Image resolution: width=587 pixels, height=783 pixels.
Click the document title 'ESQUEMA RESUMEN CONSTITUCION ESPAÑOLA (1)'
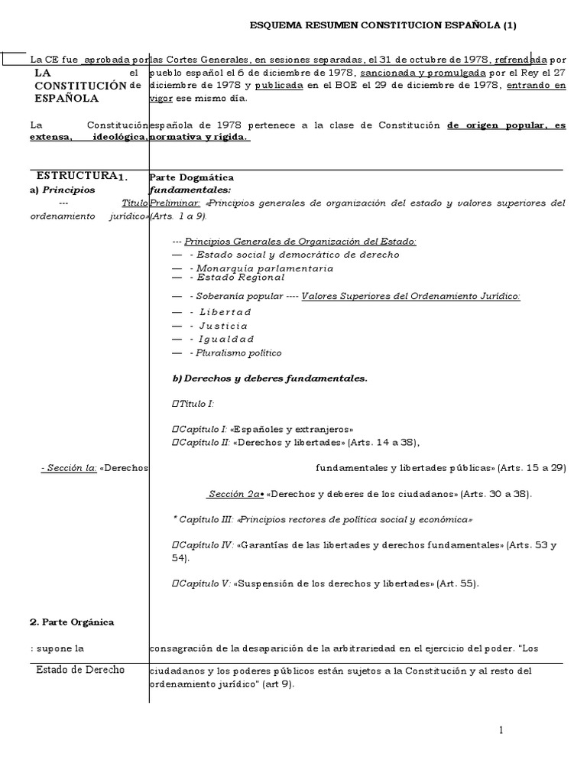384,25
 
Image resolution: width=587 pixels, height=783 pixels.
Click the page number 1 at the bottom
501,730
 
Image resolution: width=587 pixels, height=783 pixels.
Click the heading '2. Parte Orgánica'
72,622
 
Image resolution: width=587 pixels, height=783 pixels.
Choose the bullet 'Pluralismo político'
238,353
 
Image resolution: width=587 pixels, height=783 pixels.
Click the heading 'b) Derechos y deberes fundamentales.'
271,378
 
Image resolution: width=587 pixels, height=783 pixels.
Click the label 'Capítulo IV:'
206,545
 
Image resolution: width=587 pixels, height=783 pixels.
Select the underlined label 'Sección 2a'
235,494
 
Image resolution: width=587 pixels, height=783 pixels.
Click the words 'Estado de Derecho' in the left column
80,670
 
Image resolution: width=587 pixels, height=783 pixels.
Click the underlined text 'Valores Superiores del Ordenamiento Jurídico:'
411,296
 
